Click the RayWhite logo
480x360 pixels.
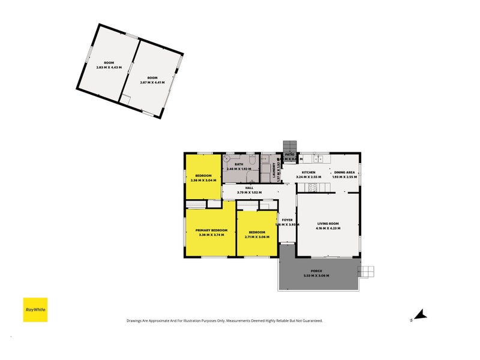tap(35, 310)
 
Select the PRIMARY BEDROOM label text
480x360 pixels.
tap(211, 230)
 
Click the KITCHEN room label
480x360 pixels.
tap(308, 172)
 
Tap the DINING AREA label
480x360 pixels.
tap(344, 172)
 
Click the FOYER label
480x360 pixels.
tap(287, 220)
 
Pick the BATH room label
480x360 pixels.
tap(239, 164)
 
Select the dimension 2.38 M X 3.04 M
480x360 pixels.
tap(203, 180)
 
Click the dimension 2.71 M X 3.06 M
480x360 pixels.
tap(257, 236)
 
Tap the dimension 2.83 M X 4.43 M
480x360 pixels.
tap(109, 67)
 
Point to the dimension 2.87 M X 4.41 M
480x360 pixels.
tap(152, 82)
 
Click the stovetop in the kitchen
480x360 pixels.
tap(312, 187)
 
